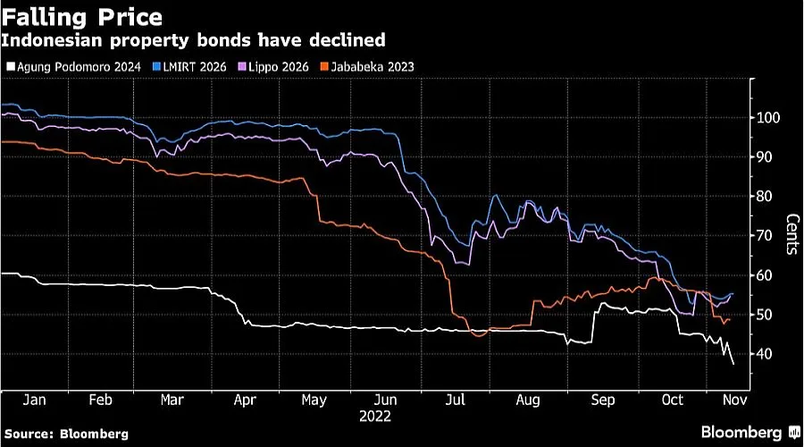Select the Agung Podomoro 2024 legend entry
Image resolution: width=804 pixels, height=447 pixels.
(72, 66)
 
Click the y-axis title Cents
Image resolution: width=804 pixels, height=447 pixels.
(791, 234)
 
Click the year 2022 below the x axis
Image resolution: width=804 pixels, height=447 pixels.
(374, 417)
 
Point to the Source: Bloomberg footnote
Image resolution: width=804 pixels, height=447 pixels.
(66, 434)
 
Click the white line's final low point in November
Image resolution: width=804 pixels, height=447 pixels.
(734, 364)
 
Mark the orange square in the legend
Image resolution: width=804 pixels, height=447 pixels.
(326, 66)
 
